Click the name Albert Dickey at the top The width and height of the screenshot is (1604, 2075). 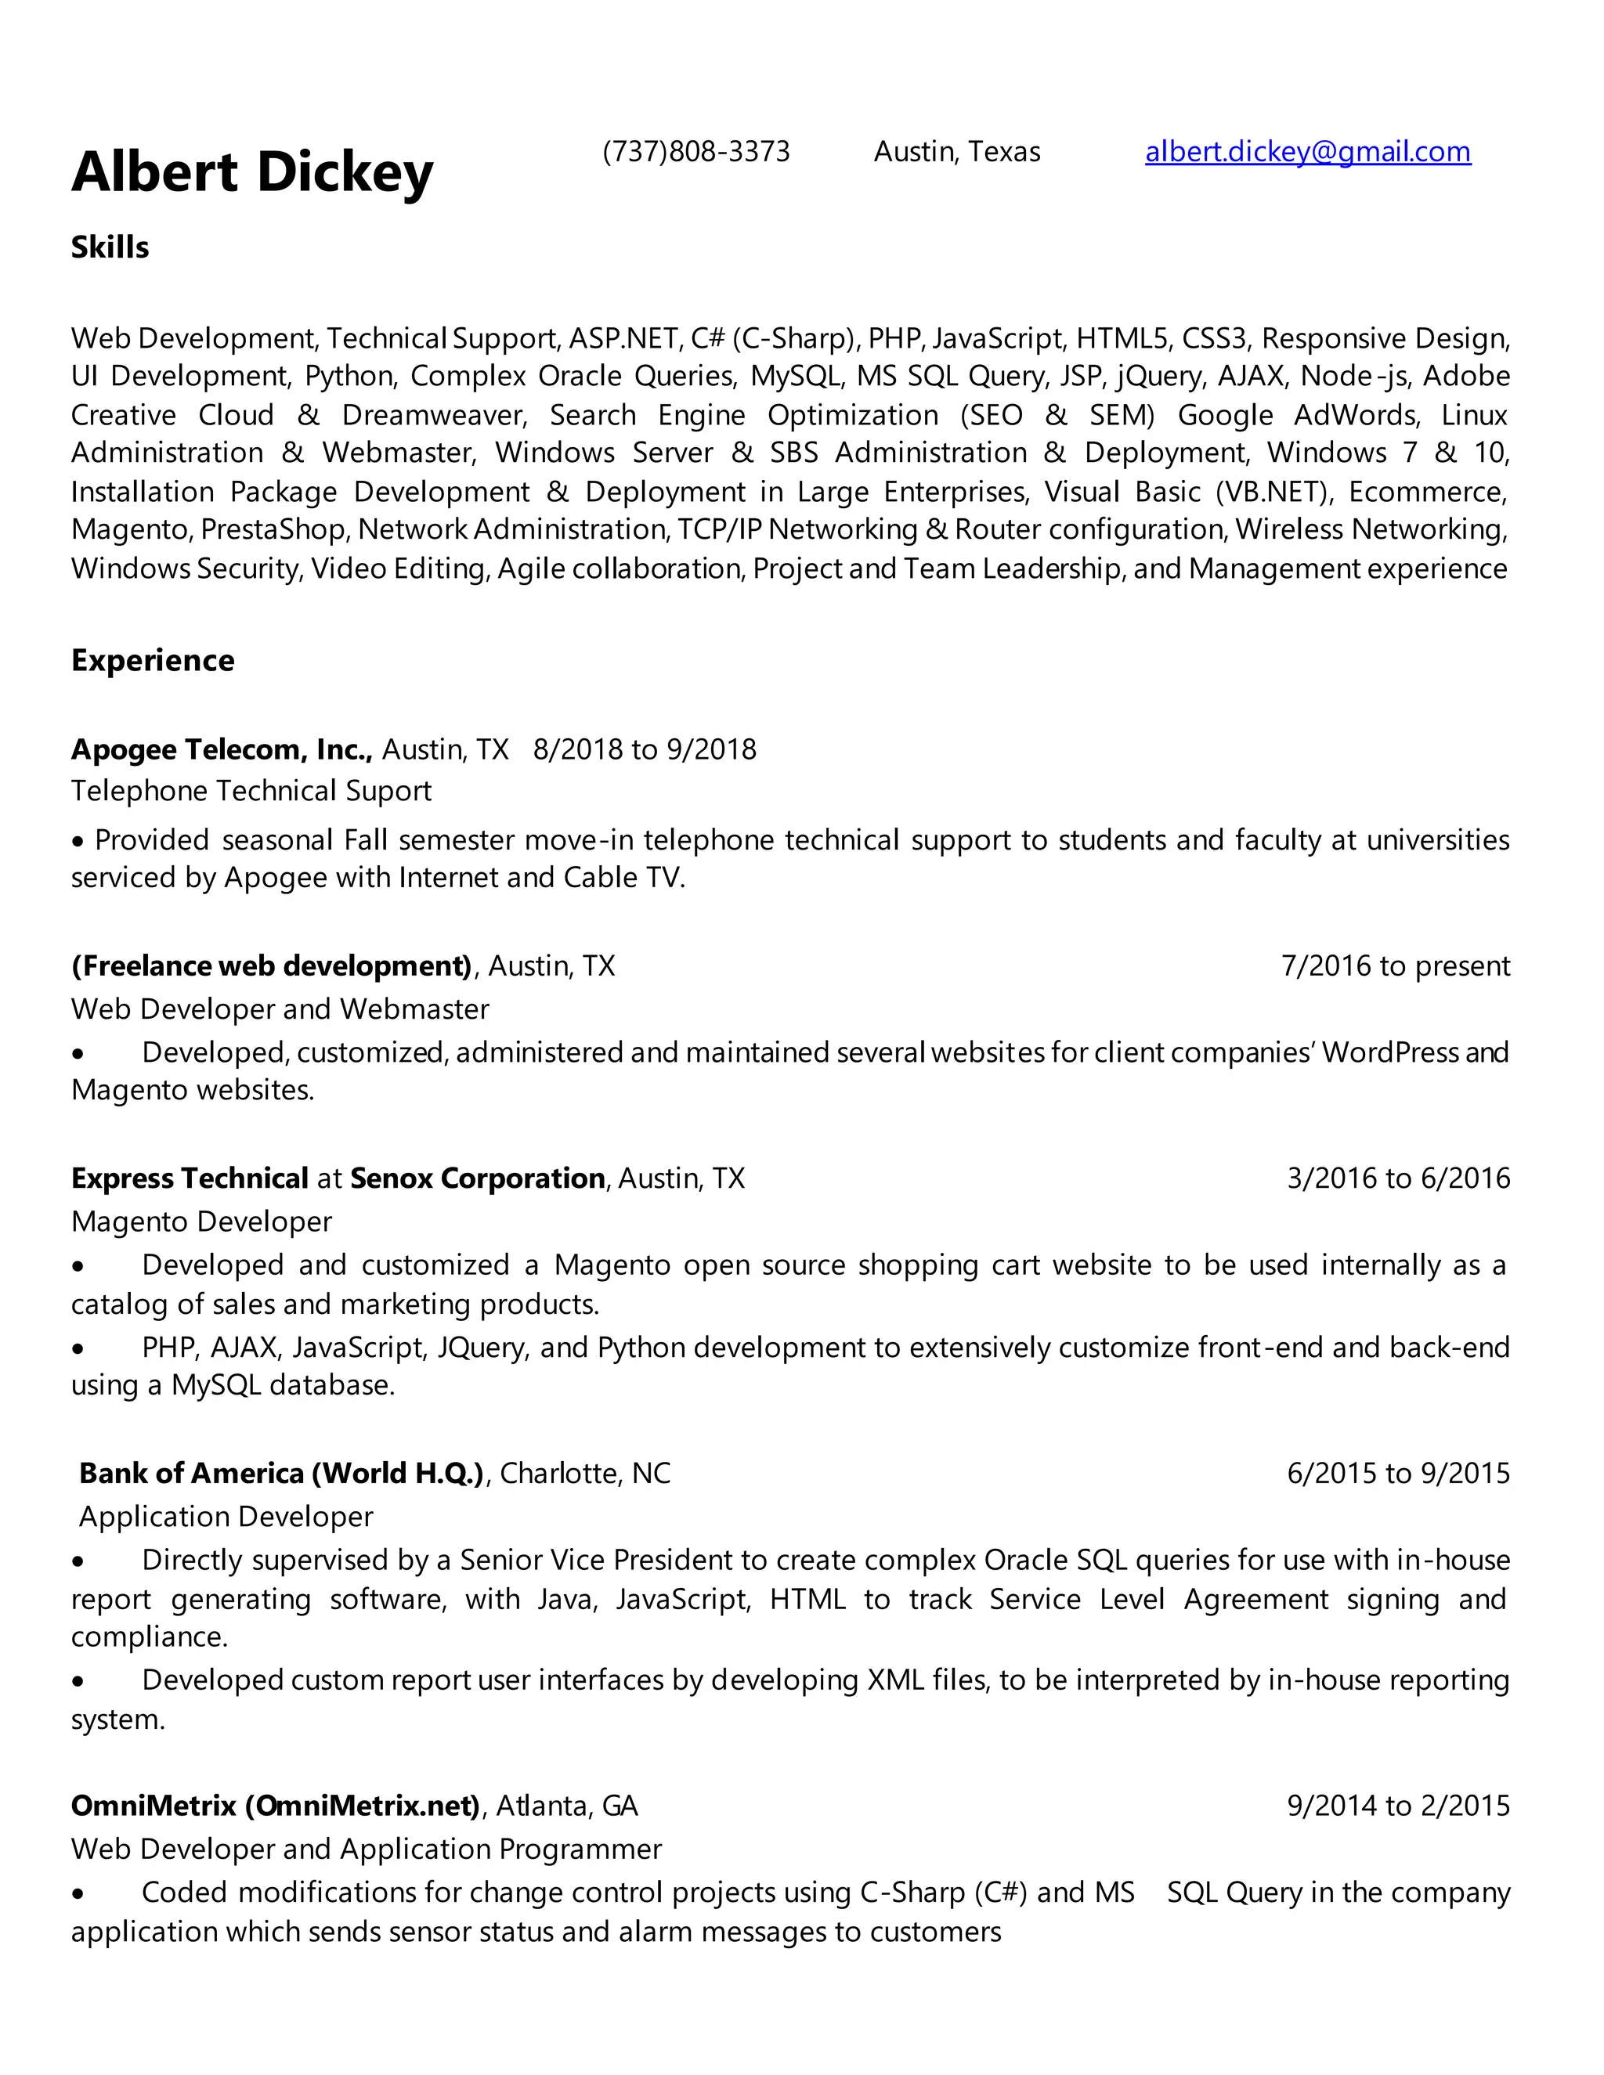(x=252, y=172)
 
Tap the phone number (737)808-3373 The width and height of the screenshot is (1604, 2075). (x=695, y=152)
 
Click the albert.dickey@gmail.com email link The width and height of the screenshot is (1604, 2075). (x=1307, y=152)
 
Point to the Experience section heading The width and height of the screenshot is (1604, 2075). (x=152, y=660)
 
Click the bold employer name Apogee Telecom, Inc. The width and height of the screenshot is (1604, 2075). (x=220, y=749)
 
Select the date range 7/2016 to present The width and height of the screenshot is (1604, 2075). (x=1395, y=966)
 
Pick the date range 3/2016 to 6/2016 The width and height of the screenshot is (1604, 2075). (x=1398, y=1178)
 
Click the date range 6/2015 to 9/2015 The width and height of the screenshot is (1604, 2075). (x=1398, y=1473)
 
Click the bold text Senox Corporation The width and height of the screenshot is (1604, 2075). (x=477, y=1178)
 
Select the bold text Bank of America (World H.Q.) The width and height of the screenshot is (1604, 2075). (x=282, y=1473)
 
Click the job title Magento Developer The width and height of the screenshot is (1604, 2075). (x=201, y=1221)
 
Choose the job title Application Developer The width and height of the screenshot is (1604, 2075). (x=226, y=1517)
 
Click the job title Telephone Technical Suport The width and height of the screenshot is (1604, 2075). (x=251, y=792)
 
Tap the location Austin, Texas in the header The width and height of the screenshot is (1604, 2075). (x=957, y=152)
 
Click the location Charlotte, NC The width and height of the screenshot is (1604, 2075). (x=585, y=1473)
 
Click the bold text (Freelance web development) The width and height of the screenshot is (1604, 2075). (x=272, y=966)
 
